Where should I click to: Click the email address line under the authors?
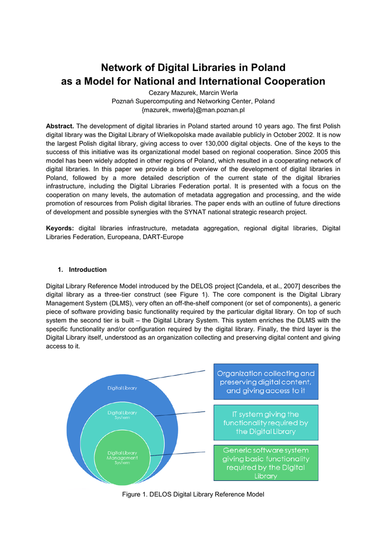coord(193,109)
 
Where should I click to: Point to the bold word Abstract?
coord(60,126)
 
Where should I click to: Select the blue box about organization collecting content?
coord(266,382)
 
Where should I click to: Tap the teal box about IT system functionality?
coord(266,422)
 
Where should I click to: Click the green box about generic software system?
coord(266,463)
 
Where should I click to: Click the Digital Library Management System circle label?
coord(122,457)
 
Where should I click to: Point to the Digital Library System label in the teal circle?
coord(122,414)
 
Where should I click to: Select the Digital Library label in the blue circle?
coord(122,388)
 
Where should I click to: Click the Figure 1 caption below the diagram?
coord(193,495)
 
